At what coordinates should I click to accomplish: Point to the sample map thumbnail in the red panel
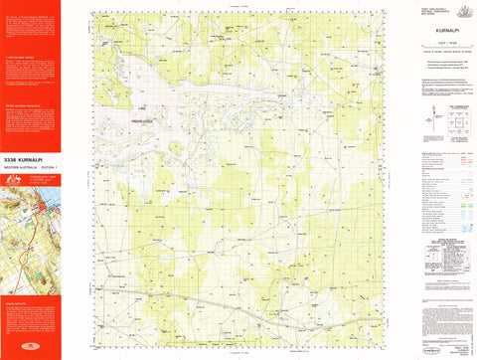pos(30,229)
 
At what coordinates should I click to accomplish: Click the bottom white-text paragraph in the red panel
pos(30,323)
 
